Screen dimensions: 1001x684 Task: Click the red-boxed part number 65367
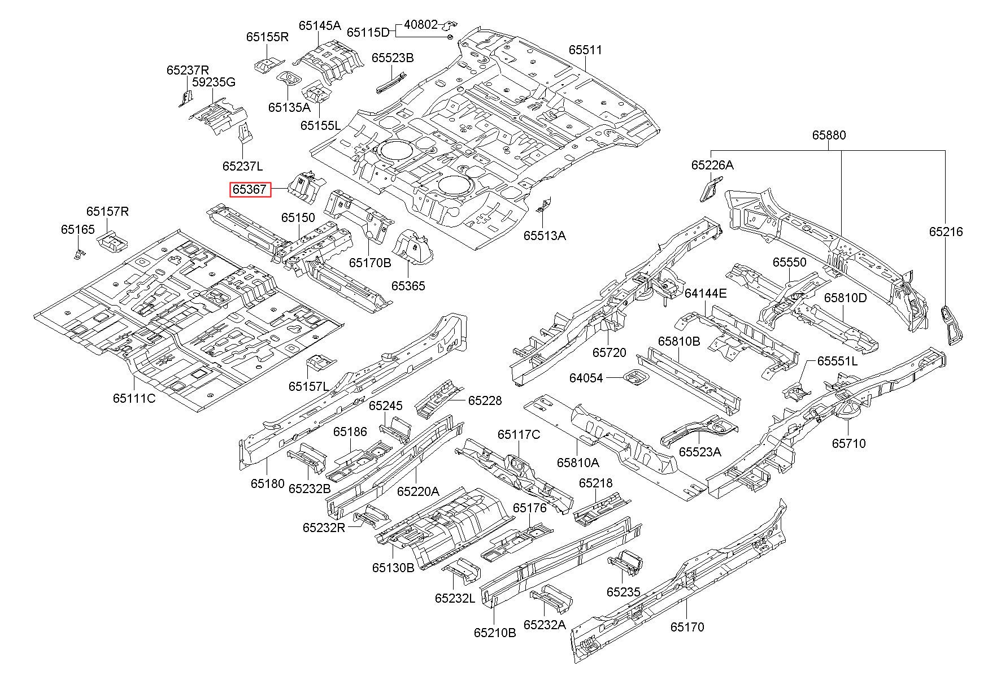pyautogui.click(x=250, y=190)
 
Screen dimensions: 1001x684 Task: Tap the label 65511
pyautogui.click(x=585, y=50)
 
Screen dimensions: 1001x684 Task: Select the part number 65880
pyautogui.click(x=829, y=135)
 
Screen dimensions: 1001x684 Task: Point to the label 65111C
pyautogui.click(x=134, y=398)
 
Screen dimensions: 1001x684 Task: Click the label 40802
pyautogui.click(x=421, y=25)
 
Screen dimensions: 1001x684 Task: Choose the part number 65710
pyautogui.click(x=848, y=443)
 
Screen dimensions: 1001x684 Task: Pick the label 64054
pyautogui.click(x=586, y=378)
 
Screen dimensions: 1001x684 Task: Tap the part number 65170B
pyautogui.click(x=370, y=263)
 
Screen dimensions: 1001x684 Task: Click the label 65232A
pyautogui.click(x=545, y=624)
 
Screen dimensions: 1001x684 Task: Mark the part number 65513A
pyautogui.click(x=545, y=236)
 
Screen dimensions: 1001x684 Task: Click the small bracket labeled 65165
pyautogui.click(x=77, y=254)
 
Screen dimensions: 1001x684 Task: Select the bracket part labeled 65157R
pyautogui.click(x=113, y=241)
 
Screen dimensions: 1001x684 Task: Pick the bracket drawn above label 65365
pyautogui.click(x=412, y=247)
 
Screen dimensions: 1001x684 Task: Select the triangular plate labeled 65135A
pyautogui.click(x=289, y=77)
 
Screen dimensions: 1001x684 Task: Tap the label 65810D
pyautogui.click(x=845, y=298)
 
